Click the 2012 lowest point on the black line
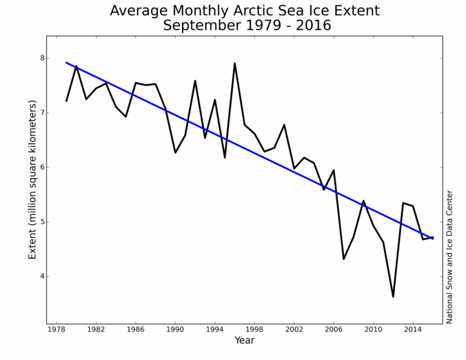[393, 296]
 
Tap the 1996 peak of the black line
[235, 63]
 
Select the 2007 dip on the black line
[343, 259]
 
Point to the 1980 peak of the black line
[76, 66]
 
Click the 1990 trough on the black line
[175, 152]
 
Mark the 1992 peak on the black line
[195, 81]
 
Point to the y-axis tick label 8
[42, 58]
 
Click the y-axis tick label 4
[42, 276]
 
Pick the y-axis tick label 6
[42, 168]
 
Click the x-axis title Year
[245, 341]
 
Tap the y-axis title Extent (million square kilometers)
[33, 179]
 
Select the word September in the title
[203, 25]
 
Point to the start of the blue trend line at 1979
[67, 63]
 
